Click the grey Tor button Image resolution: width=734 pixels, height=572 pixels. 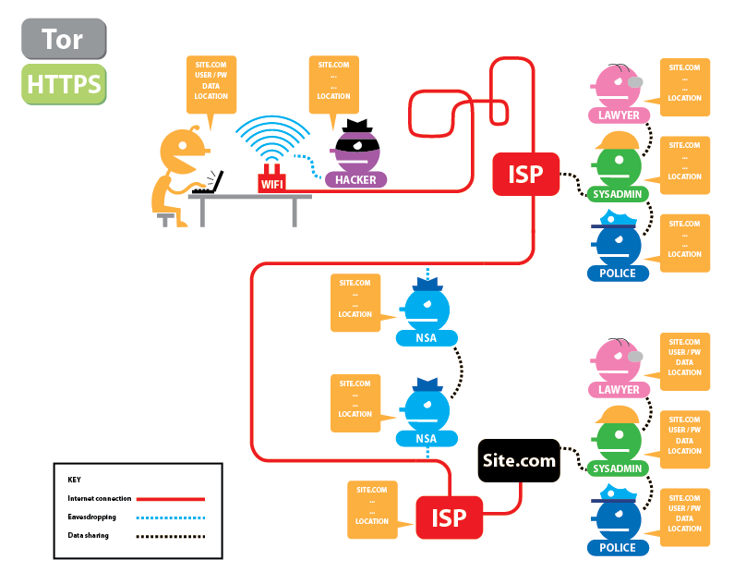click(x=64, y=39)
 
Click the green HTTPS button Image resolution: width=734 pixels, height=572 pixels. click(x=64, y=84)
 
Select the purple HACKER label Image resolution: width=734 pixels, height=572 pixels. click(x=355, y=180)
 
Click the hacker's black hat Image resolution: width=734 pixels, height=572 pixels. click(x=357, y=127)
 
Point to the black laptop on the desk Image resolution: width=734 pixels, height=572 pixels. click(x=209, y=183)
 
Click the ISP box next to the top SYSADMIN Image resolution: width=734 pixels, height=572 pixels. click(x=525, y=175)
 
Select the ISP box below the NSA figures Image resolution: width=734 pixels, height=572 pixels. click(x=450, y=517)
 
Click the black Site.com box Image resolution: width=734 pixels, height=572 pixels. click(x=519, y=460)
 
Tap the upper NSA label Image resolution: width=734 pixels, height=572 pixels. click(x=427, y=338)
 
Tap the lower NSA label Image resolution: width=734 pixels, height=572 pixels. click(x=427, y=439)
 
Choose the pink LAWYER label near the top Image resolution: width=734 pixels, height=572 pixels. click(x=619, y=116)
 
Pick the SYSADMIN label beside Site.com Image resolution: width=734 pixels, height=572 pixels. click(x=618, y=469)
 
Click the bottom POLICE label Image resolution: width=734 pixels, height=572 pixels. click(x=618, y=548)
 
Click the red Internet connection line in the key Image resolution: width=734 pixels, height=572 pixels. click(x=171, y=499)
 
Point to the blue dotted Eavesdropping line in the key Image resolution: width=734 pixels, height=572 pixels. click(x=171, y=517)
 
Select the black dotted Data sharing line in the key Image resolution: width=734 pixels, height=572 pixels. click(x=171, y=536)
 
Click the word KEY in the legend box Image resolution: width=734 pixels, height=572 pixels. click(x=75, y=480)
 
